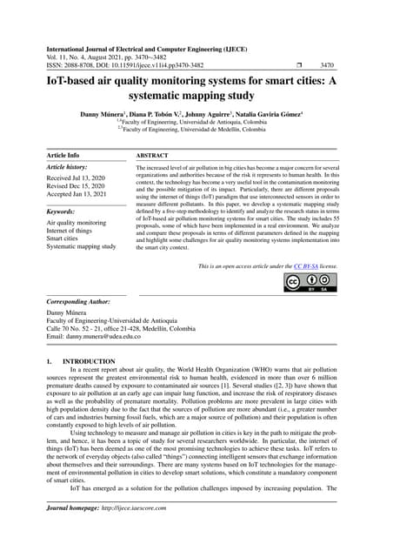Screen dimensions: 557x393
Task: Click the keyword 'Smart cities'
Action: point(64,237)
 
